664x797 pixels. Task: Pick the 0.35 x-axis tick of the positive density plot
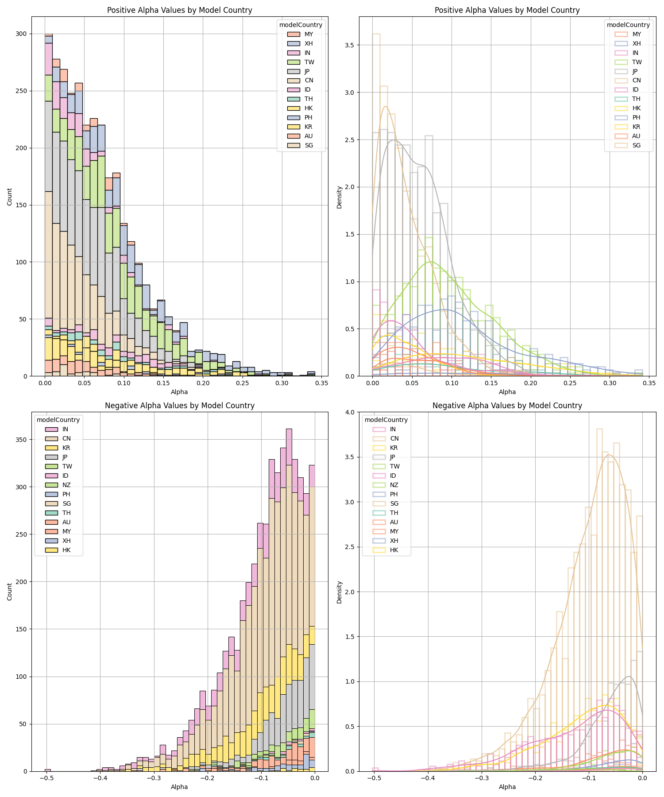tap(649, 383)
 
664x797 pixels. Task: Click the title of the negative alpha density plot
tap(507, 405)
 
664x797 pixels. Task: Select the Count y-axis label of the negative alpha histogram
tap(10, 592)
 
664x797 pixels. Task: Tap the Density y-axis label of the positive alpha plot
tap(339, 197)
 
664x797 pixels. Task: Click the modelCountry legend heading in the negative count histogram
tap(58, 420)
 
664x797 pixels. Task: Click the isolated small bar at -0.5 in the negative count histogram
tap(48, 770)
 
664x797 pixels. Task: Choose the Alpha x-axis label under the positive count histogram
tap(179, 392)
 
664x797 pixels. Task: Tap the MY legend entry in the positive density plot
tap(637, 34)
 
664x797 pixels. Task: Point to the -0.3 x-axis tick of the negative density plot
tap(481, 778)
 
